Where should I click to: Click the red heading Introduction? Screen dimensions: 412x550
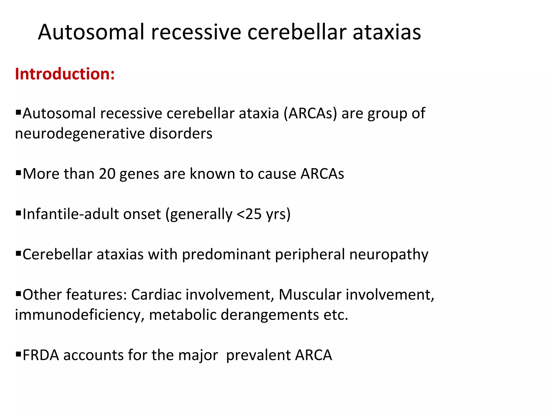click(65, 74)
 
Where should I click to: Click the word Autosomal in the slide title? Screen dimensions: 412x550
click(91, 32)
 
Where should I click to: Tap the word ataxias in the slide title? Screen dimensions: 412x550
click(386, 32)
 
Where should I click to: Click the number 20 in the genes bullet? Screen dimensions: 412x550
click(107, 174)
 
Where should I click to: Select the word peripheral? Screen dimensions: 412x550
click(310, 255)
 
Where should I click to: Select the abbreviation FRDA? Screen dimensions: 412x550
click(41, 355)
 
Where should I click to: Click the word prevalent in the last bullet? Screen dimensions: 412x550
click(258, 355)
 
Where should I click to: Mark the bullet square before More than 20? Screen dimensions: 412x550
click(18, 172)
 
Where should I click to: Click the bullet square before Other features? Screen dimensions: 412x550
click(18, 293)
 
